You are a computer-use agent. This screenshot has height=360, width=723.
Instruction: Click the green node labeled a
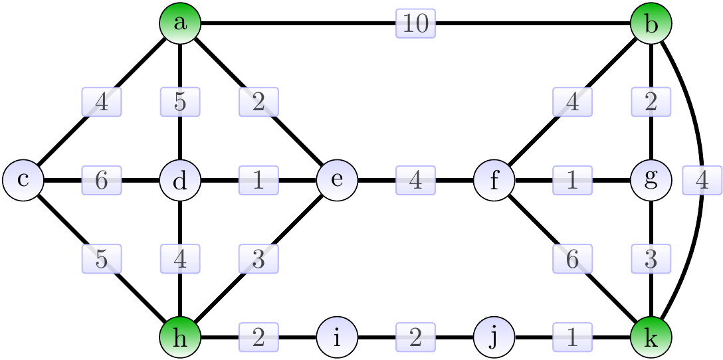[x=180, y=23]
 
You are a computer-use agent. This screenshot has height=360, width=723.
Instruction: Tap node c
[x=23, y=180]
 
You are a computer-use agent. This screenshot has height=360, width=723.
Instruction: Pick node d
[x=180, y=180]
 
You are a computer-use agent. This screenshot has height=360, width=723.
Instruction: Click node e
[x=337, y=180]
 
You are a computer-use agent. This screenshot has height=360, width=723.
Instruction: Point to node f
[x=494, y=180]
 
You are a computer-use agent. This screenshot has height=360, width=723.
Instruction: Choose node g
[x=651, y=180]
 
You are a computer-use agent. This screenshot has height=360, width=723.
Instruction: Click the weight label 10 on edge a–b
[x=416, y=24]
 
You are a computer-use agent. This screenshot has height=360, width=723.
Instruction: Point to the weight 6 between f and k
[x=573, y=259]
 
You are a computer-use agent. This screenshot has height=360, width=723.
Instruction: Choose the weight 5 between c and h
[x=102, y=259]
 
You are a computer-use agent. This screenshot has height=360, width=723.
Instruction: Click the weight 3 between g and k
[x=651, y=259]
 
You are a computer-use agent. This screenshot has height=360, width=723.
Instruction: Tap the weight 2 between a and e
[x=258, y=102]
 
